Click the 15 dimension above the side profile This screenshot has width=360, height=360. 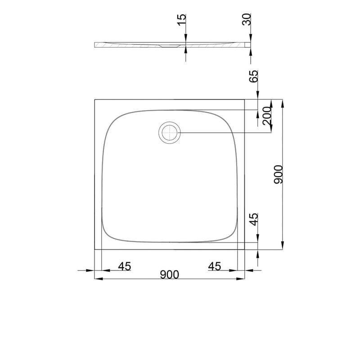click(181, 20)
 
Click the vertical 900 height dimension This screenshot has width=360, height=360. click(278, 174)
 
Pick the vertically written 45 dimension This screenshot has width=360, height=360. click(254, 219)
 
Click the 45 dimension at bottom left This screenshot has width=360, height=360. click(124, 266)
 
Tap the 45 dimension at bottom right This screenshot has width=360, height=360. click(215, 266)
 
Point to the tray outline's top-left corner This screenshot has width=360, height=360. click(95, 100)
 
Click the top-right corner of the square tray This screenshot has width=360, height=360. click(244, 100)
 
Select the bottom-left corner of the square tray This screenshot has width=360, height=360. click(95, 249)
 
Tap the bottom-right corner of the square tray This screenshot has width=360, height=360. click(244, 249)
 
